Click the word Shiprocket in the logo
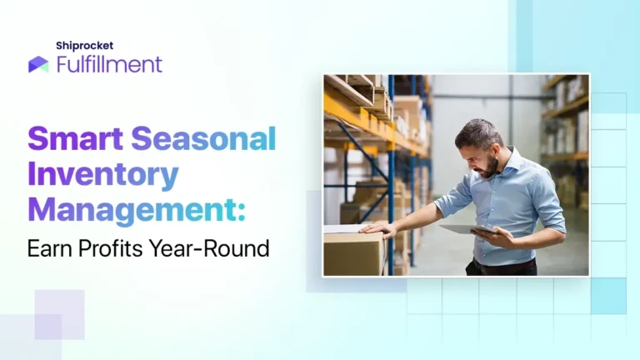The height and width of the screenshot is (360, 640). tap(84, 46)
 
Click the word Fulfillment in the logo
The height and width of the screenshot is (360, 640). tap(109, 64)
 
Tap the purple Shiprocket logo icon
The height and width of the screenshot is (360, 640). tap(38, 64)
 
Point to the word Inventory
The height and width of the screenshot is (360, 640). tap(103, 175)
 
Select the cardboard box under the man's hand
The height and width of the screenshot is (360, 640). tap(352, 252)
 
